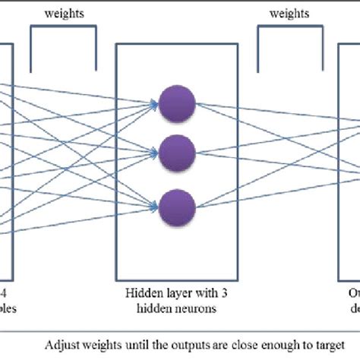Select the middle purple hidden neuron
(177, 151)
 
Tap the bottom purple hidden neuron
(177, 201)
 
